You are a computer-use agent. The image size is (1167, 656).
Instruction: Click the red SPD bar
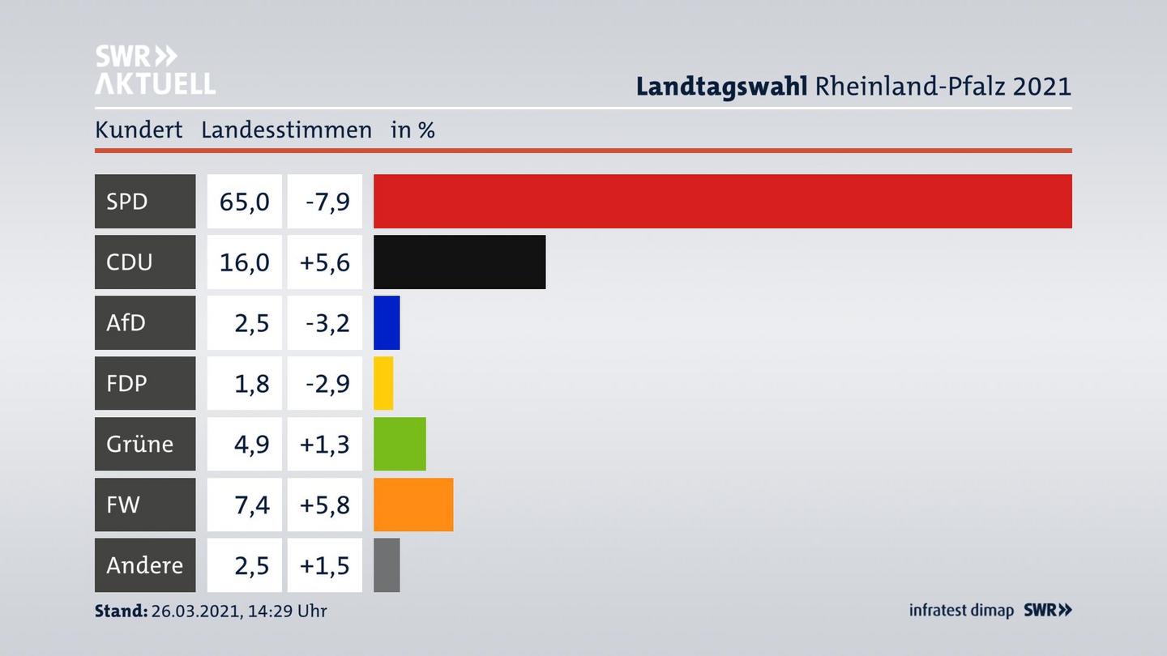(722, 201)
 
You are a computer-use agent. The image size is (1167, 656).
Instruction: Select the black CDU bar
(460, 262)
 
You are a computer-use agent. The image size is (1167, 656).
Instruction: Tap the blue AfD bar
(387, 322)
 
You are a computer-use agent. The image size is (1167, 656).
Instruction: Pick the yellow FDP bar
(383, 383)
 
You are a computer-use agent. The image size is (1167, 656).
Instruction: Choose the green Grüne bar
(400, 444)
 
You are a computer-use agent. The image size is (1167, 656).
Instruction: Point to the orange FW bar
(413, 505)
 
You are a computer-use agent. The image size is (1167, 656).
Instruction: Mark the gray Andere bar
(387, 565)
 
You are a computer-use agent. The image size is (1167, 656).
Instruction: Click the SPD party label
(127, 201)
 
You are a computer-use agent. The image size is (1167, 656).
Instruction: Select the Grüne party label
(139, 444)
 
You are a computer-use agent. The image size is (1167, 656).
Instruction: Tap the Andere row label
(144, 565)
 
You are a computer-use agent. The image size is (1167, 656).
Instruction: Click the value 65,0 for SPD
(244, 201)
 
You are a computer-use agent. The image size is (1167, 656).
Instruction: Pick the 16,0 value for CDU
(244, 262)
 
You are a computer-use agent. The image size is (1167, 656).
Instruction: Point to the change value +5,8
(324, 505)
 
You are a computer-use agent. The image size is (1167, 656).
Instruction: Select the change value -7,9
(327, 201)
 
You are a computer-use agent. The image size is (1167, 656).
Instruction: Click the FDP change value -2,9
(327, 383)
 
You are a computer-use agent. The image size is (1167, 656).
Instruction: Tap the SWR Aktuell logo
(155, 70)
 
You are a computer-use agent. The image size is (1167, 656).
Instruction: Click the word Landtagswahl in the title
(721, 86)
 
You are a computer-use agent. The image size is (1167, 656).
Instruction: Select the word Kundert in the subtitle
(139, 130)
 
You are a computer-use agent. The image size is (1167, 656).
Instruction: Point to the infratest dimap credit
(961, 610)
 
